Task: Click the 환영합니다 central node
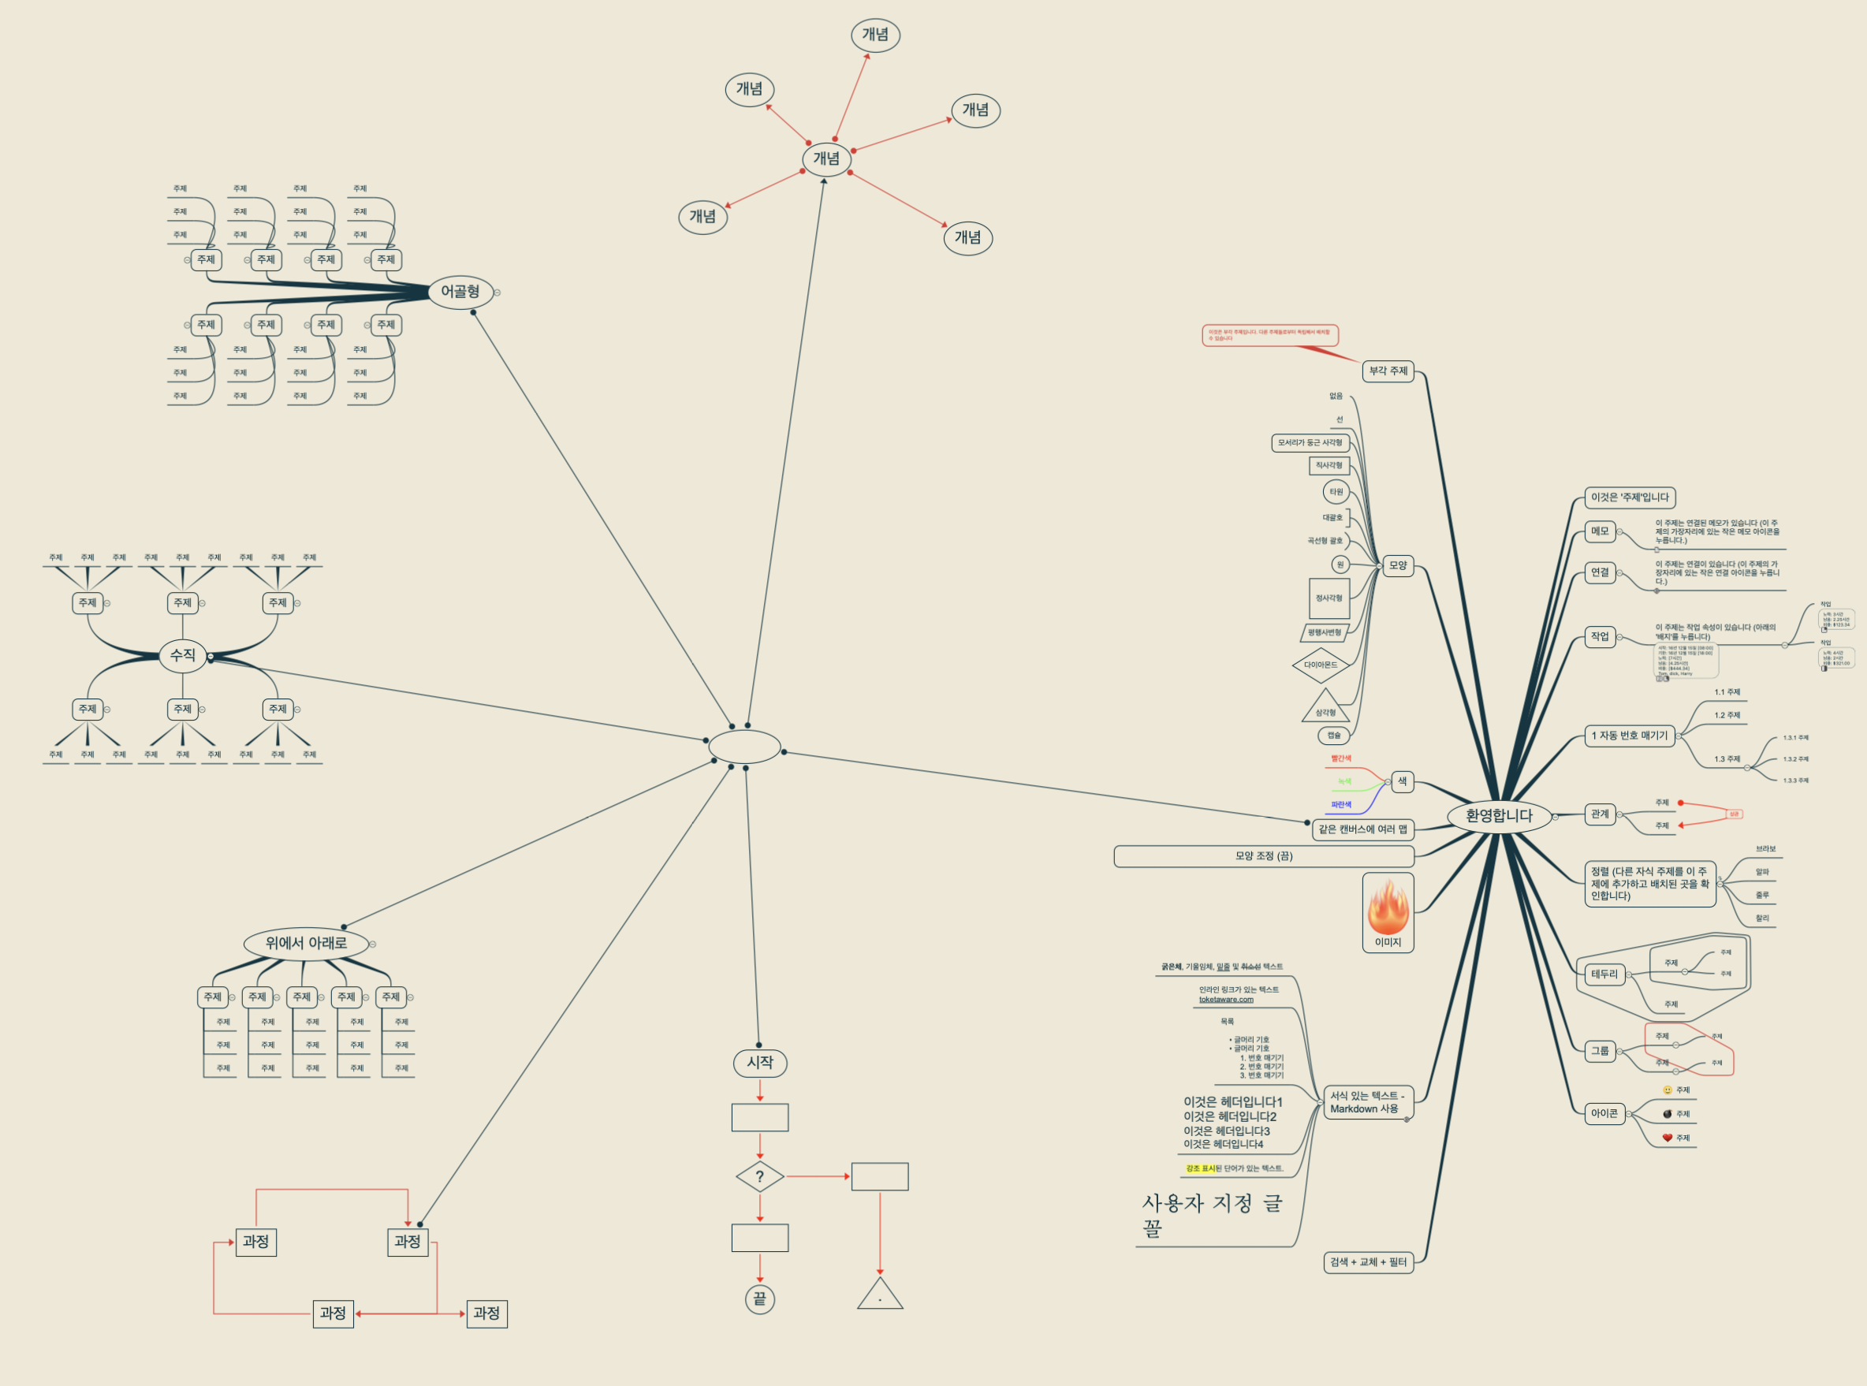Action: pyautogui.click(x=1499, y=815)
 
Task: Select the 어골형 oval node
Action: pyautogui.click(x=460, y=292)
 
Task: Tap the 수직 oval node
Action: pyautogui.click(x=182, y=655)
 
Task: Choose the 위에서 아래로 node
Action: pyautogui.click(x=306, y=943)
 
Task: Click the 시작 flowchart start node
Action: pyautogui.click(x=759, y=1063)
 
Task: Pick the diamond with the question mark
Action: pyautogui.click(x=759, y=1176)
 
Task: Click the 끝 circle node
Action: pyautogui.click(x=759, y=1299)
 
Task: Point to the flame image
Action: pyautogui.click(x=1388, y=907)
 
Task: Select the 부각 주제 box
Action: pyautogui.click(x=1388, y=371)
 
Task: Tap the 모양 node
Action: pyautogui.click(x=1398, y=565)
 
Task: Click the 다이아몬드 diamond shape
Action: pyautogui.click(x=1321, y=665)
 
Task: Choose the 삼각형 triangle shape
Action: pyautogui.click(x=1326, y=708)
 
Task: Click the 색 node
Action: pyautogui.click(x=1402, y=782)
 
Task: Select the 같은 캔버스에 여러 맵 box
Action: pyautogui.click(x=1362, y=829)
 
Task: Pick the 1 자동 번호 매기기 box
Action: pyautogui.click(x=1630, y=736)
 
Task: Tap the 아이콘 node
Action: pyautogui.click(x=1604, y=1114)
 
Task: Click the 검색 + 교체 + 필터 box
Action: pyautogui.click(x=1368, y=1262)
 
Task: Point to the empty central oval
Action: pyautogui.click(x=744, y=747)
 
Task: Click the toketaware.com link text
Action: pyautogui.click(x=1226, y=999)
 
